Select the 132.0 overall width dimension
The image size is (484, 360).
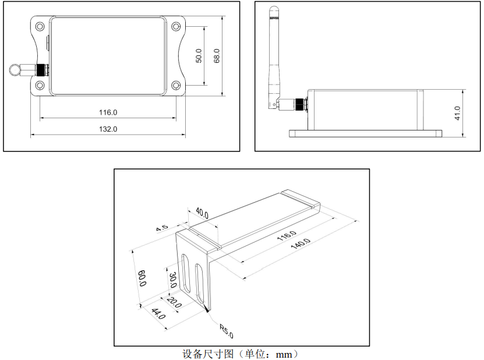click(108, 129)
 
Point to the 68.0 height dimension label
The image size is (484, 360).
click(217, 55)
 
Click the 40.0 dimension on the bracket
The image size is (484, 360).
click(202, 211)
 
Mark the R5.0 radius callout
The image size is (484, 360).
click(226, 331)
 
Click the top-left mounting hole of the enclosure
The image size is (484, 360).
click(40, 27)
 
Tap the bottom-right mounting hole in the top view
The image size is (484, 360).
click(176, 86)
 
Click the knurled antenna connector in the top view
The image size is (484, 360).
click(42, 70)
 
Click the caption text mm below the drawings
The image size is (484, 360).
click(284, 354)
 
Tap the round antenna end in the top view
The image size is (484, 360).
click(16, 70)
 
